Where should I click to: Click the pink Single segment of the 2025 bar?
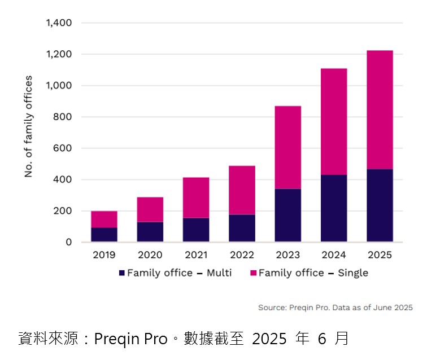(380, 109)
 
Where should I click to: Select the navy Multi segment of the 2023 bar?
(287, 215)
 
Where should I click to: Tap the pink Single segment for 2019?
(104, 219)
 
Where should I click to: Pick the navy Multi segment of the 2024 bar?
(333, 208)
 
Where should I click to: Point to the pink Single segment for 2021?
(195, 197)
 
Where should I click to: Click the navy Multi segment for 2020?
(150, 232)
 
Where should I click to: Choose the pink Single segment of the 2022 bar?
(242, 190)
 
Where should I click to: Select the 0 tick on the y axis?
(69, 242)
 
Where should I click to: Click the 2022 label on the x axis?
(242, 255)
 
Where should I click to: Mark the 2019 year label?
(104, 255)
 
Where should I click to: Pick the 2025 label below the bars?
(380, 255)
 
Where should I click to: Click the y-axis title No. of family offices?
(28, 126)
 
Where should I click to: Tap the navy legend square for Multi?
(121, 273)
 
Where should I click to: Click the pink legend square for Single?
(254, 273)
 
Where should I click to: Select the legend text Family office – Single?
(313, 273)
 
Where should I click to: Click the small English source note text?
(335, 308)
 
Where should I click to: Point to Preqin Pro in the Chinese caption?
(130, 339)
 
